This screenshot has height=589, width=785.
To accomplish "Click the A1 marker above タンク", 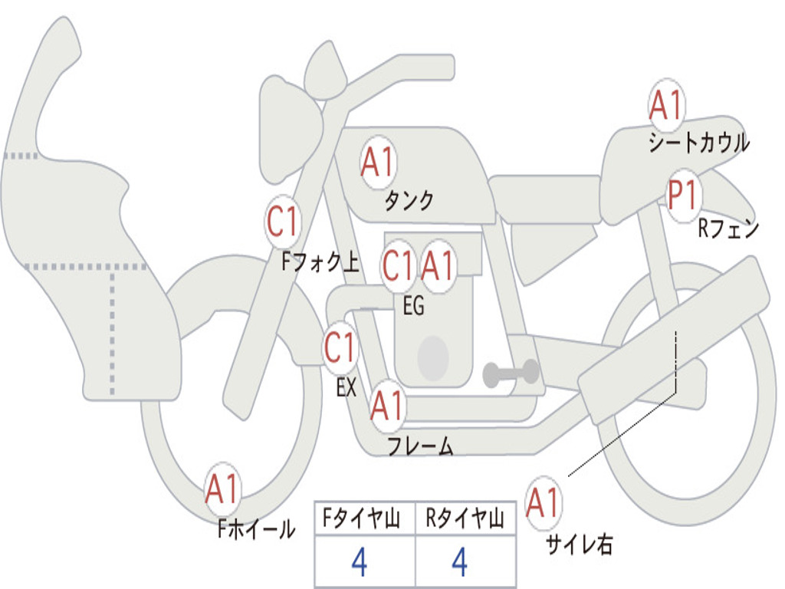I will pyautogui.click(x=377, y=163).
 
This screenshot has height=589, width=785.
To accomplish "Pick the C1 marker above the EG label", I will pyautogui.click(x=398, y=266).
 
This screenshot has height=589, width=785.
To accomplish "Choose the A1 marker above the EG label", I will pyautogui.click(x=438, y=266).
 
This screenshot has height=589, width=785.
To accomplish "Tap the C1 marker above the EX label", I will pyautogui.click(x=340, y=348).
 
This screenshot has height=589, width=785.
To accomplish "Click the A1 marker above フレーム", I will pyautogui.click(x=386, y=406).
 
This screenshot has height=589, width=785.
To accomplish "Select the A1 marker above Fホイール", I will pyautogui.click(x=222, y=489).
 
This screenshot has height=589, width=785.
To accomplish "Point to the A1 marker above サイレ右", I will pyautogui.click(x=543, y=503).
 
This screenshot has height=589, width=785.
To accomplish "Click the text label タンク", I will pyautogui.click(x=409, y=201).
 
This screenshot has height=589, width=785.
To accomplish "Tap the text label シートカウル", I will pyautogui.click(x=698, y=143).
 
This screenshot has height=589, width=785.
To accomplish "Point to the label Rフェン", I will pyautogui.click(x=728, y=229).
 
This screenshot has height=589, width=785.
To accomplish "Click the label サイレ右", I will pyautogui.click(x=579, y=545).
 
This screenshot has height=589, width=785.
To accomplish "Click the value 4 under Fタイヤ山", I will pyautogui.click(x=359, y=563).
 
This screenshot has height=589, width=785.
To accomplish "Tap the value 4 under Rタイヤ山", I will pyautogui.click(x=459, y=563).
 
